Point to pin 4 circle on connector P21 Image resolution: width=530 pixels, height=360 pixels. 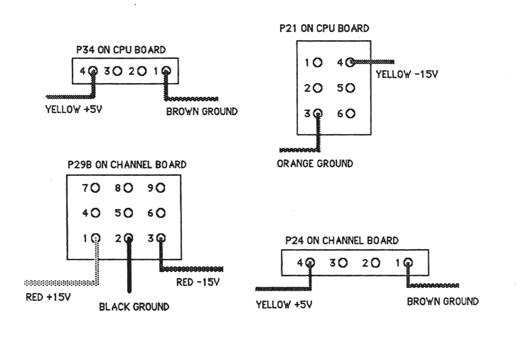point(350,62)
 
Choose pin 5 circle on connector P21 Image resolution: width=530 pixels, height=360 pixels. point(350,88)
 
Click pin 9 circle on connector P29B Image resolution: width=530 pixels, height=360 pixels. point(161,188)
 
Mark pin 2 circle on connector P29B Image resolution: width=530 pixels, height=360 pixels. point(128,238)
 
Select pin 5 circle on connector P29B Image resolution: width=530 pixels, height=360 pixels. point(128,213)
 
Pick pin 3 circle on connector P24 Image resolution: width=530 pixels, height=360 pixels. point(343,262)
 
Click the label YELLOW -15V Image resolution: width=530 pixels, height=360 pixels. point(407,75)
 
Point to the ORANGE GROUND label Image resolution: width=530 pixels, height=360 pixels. point(315,163)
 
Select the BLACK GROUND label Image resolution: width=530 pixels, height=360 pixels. point(134,307)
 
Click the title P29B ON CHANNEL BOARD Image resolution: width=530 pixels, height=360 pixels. point(126,165)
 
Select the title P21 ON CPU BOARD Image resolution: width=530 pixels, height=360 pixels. point(324,29)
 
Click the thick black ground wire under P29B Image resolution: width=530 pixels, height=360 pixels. point(129,270)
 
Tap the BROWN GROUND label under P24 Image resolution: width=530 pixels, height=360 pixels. point(443,301)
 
